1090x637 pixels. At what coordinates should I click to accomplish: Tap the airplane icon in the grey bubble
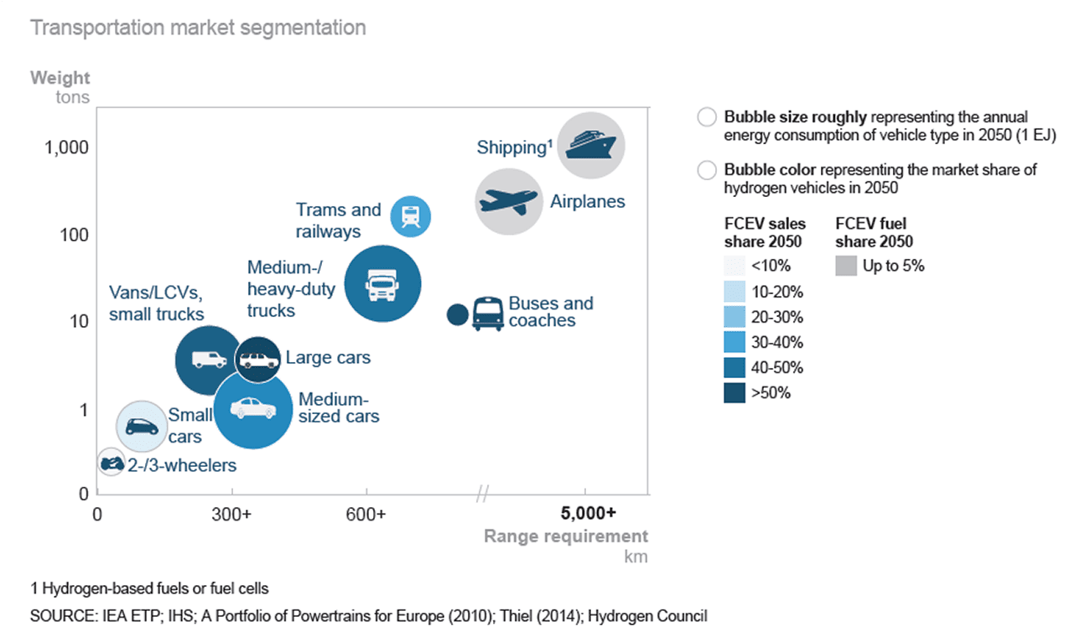click(506, 201)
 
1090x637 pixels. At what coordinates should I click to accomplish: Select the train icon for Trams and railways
click(412, 215)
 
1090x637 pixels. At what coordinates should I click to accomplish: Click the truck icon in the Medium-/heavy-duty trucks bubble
click(381, 285)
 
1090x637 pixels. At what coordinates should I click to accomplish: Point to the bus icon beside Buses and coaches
click(487, 314)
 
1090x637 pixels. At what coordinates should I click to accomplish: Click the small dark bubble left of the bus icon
click(457, 314)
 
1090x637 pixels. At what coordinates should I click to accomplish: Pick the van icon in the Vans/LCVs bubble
click(209, 359)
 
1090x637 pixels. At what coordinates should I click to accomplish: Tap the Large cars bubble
click(257, 360)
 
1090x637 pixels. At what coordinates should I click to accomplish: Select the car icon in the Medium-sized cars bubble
click(253, 408)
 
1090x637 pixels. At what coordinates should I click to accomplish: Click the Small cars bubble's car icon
click(142, 426)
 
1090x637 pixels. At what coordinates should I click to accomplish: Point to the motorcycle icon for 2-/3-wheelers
click(110, 462)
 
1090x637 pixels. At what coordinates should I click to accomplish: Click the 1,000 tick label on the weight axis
click(65, 148)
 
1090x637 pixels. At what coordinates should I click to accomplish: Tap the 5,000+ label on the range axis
click(588, 513)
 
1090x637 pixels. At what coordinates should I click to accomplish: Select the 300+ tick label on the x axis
click(231, 514)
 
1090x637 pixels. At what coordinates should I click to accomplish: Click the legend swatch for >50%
click(734, 392)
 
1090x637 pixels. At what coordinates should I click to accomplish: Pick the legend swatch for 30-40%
click(734, 342)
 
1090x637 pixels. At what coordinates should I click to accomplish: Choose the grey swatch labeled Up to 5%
click(846, 267)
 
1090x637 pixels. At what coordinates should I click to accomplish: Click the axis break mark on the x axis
click(481, 495)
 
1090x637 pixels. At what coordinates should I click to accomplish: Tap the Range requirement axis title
click(566, 536)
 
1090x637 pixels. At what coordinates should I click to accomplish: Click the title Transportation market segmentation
click(198, 28)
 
